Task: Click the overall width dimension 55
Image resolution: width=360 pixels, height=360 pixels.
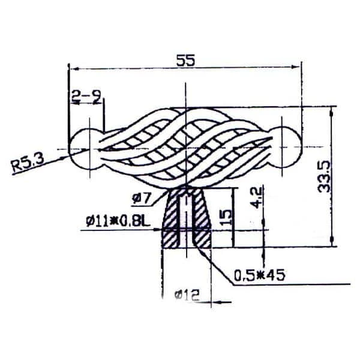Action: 185,61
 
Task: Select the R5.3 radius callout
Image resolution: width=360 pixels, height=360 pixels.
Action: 28,163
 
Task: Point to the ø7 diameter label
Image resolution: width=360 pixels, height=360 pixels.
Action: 142,198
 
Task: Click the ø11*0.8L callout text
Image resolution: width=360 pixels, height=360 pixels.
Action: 118,221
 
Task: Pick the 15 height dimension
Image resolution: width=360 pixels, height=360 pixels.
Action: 226,217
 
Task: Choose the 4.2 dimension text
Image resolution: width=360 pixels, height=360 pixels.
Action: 257,197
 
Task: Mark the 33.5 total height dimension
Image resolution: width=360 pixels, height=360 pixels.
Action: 324,176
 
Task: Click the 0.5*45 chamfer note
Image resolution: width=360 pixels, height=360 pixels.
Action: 259,275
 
